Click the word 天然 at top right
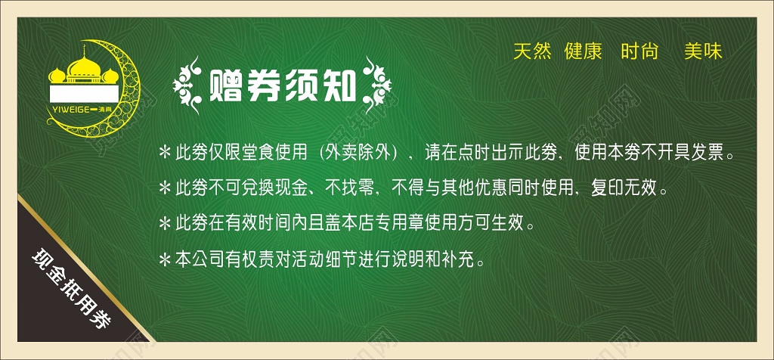532,51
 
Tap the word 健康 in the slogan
583,51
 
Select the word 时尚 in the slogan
639,51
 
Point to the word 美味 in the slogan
704,51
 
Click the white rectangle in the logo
84,94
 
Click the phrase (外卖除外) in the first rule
357,153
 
